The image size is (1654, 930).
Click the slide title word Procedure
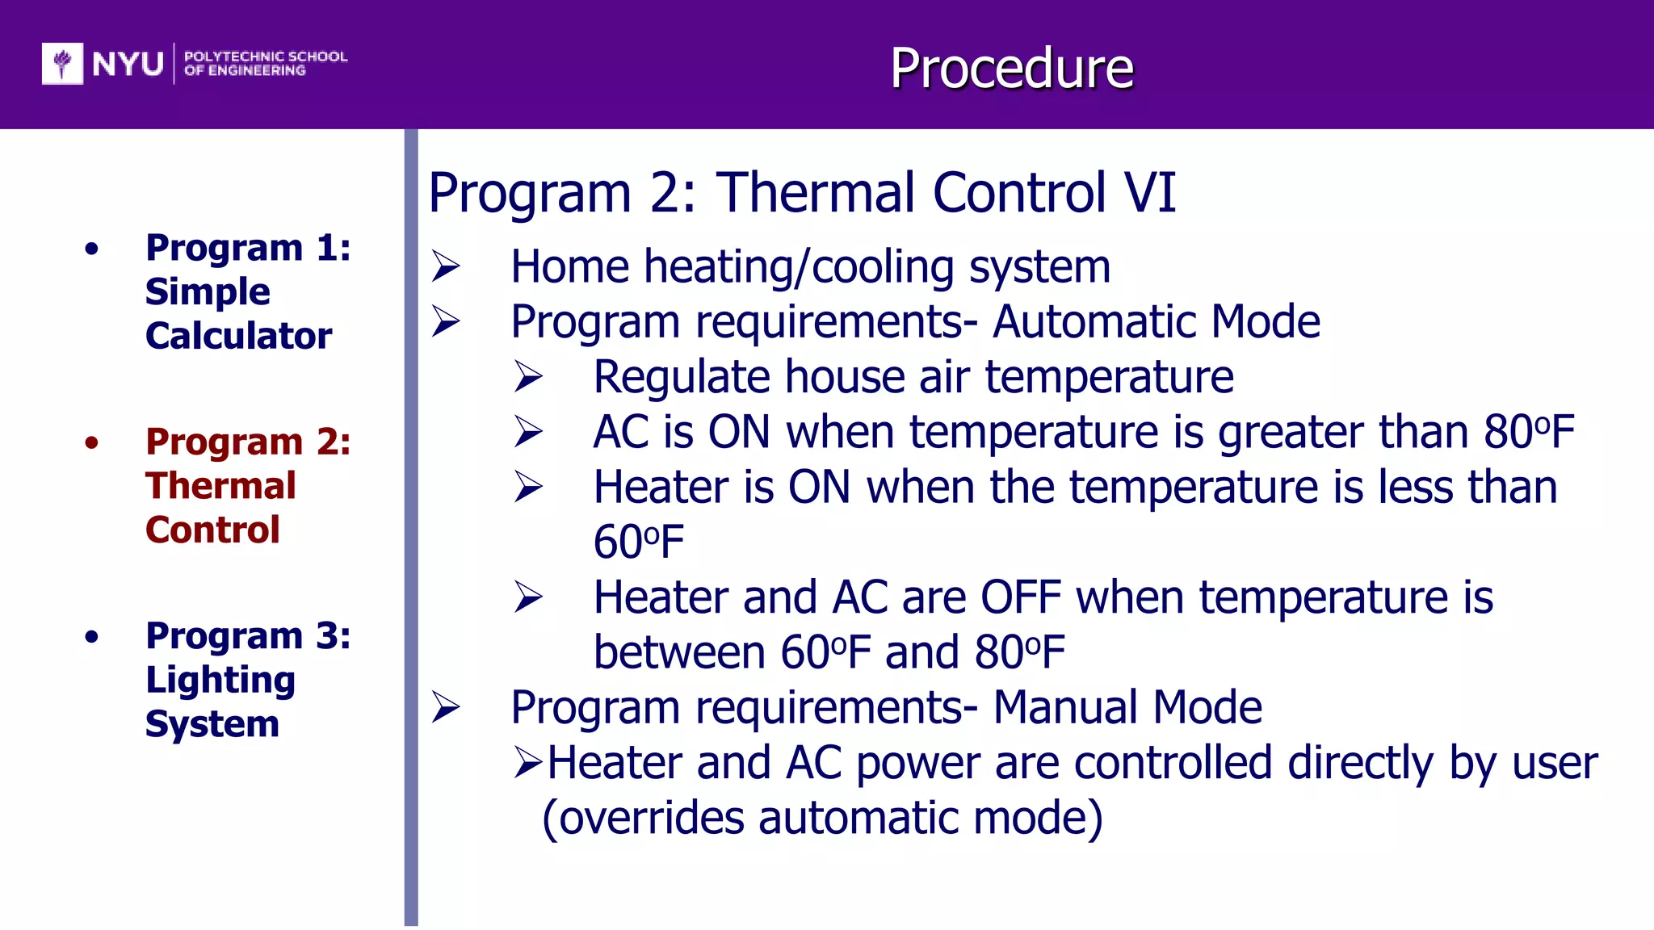pyautogui.click(x=1011, y=69)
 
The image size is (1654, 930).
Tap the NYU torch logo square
pyautogui.click(x=62, y=63)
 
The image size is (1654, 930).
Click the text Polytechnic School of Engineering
pyautogui.click(x=265, y=63)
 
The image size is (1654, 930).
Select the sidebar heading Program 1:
pyautogui.click(x=248, y=247)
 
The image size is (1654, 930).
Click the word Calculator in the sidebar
pyautogui.click(x=238, y=336)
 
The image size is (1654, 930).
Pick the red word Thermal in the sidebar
pyautogui.click(x=220, y=486)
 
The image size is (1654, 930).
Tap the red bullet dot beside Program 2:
pyautogui.click(x=91, y=442)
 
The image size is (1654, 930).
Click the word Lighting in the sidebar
pyautogui.click(x=220, y=680)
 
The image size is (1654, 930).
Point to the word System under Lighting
pyautogui.click(x=212, y=724)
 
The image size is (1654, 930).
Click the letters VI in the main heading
pyautogui.click(x=1150, y=193)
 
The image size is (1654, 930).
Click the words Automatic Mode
pyautogui.click(x=1156, y=322)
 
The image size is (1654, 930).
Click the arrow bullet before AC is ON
pyautogui.click(x=529, y=432)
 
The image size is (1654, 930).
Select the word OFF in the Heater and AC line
pyautogui.click(x=1020, y=598)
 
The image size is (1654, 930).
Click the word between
pyautogui.click(x=679, y=653)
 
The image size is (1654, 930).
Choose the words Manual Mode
pyautogui.click(x=1127, y=708)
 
